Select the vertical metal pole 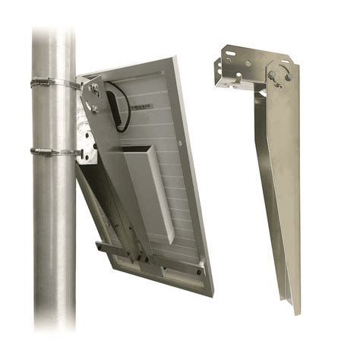53,228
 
